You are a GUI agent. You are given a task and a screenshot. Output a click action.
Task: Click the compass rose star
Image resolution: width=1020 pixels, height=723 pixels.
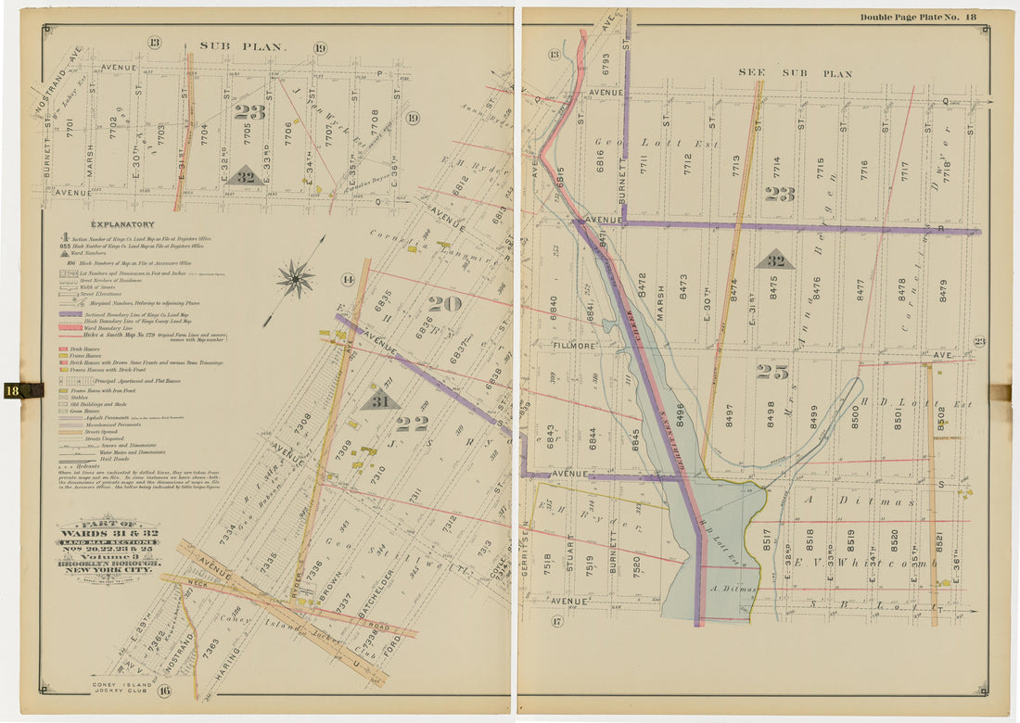click(x=295, y=278)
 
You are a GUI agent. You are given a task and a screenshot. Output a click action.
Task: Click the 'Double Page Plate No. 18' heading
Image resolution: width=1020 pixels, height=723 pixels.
click(x=917, y=17)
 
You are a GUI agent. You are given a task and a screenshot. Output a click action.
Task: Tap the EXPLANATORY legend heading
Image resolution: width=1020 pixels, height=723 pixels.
click(x=122, y=224)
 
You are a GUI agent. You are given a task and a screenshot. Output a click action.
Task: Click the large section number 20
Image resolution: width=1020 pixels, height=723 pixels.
click(x=445, y=304)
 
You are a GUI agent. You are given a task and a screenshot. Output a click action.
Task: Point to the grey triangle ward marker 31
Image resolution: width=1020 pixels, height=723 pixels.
click(x=380, y=400)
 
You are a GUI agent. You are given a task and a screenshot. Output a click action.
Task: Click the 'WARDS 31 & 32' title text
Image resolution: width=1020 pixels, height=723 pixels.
click(x=108, y=535)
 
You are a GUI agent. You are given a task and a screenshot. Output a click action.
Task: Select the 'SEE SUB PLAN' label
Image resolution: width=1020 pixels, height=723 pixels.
click(x=795, y=72)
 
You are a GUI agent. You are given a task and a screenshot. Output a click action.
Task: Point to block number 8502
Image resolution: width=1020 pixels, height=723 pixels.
click(x=940, y=419)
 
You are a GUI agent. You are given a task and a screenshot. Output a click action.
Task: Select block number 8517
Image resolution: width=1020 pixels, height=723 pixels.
click(x=767, y=540)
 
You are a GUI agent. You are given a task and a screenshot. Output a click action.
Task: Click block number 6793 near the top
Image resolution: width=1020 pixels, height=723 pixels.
click(x=606, y=62)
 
